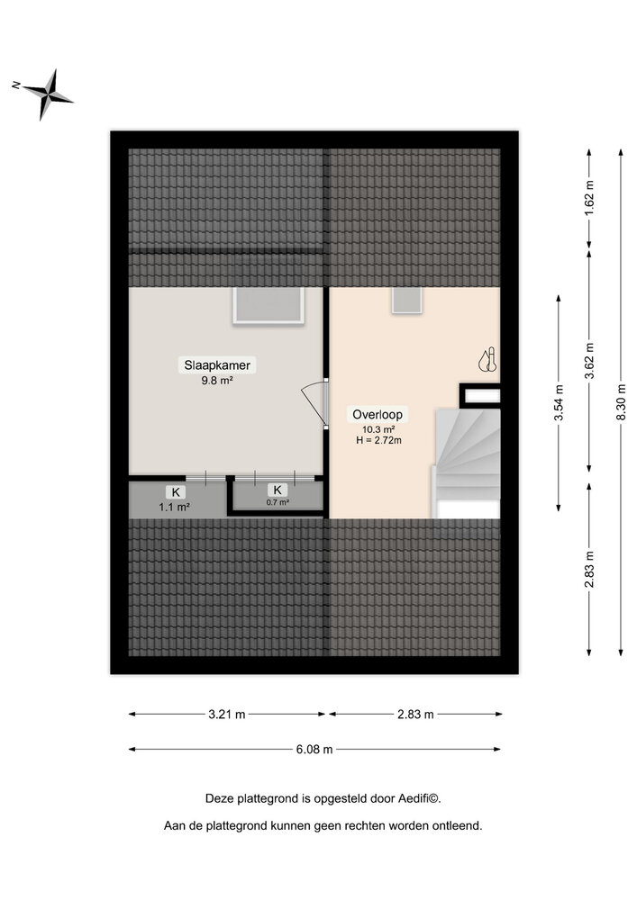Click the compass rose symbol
[x=48, y=93]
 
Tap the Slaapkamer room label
[x=217, y=365]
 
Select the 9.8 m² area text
[x=217, y=381]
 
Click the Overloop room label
[x=378, y=415]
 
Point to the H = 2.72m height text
[x=378, y=440]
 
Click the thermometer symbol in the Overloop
[x=487, y=360]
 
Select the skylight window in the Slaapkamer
[x=269, y=306]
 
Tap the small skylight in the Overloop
[x=406, y=301]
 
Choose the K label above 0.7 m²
[x=278, y=490]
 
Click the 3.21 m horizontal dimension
[x=226, y=715]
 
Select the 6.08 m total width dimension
[x=315, y=749]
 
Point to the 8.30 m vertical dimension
[x=622, y=404]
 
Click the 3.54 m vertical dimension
[x=560, y=403]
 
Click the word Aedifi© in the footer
[x=415, y=797]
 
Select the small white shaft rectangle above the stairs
[x=481, y=395]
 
